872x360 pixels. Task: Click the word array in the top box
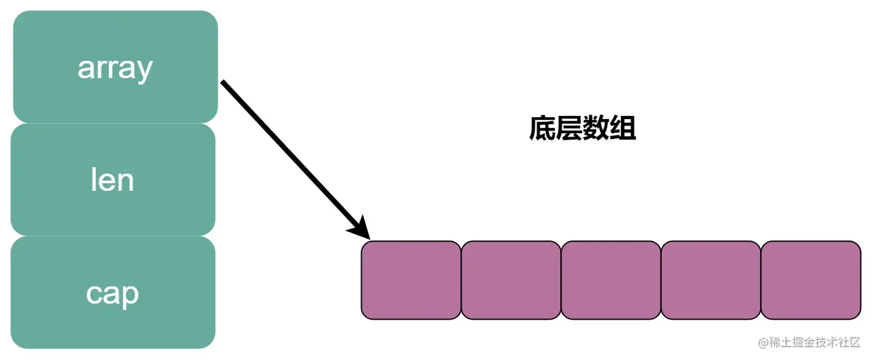tap(115, 67)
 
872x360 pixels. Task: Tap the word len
tap(112, 180)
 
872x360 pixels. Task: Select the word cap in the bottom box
tap(112, 293)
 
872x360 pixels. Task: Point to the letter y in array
tap(145, 70)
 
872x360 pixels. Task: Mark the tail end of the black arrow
tap(223, 83)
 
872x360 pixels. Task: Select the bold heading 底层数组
tap(582, 129)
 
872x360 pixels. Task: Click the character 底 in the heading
tap(542, 129)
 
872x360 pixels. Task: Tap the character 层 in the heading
tap(569, 129)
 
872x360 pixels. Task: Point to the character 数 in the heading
tap(595, 129)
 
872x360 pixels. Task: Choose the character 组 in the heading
tap(622, 129)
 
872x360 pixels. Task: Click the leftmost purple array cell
tap(411, 280)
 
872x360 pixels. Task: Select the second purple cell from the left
tap(511, 280)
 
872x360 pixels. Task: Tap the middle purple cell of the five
tap(611, 280)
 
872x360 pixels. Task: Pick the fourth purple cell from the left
tap(711, 280)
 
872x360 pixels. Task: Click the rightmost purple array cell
tap(811, 280)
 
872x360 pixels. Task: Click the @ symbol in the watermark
tap(763, 343)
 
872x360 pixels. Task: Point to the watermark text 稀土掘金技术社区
tap(814, 343)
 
